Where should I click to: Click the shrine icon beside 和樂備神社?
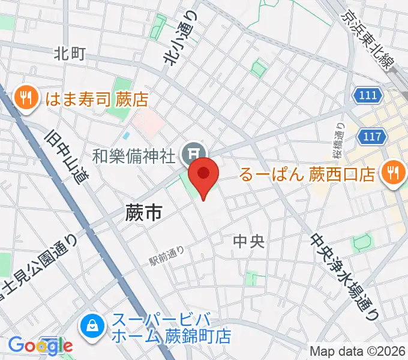point(194,151)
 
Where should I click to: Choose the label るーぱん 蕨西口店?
point(307,175)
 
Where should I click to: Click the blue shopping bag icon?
point(93,327)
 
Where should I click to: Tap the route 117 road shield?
point(372,137)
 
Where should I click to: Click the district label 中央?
point(248,241)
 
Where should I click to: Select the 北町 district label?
point(70,54)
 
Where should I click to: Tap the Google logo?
point(40,345)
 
